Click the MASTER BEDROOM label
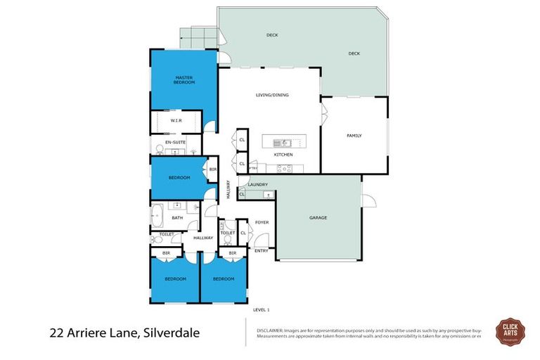tap(184, 79)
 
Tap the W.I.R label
tap(176, 120)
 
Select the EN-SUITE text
tap(175, 142)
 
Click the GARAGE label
tap(318, 218)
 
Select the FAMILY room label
tap(354, 136)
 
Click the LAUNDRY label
tap(257, 185)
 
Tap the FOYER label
tap(262, 222)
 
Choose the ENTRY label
tap(261, 250)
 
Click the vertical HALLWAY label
tap(228, 191)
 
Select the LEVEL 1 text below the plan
tap(261, 309)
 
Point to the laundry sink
tap(268, 194)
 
